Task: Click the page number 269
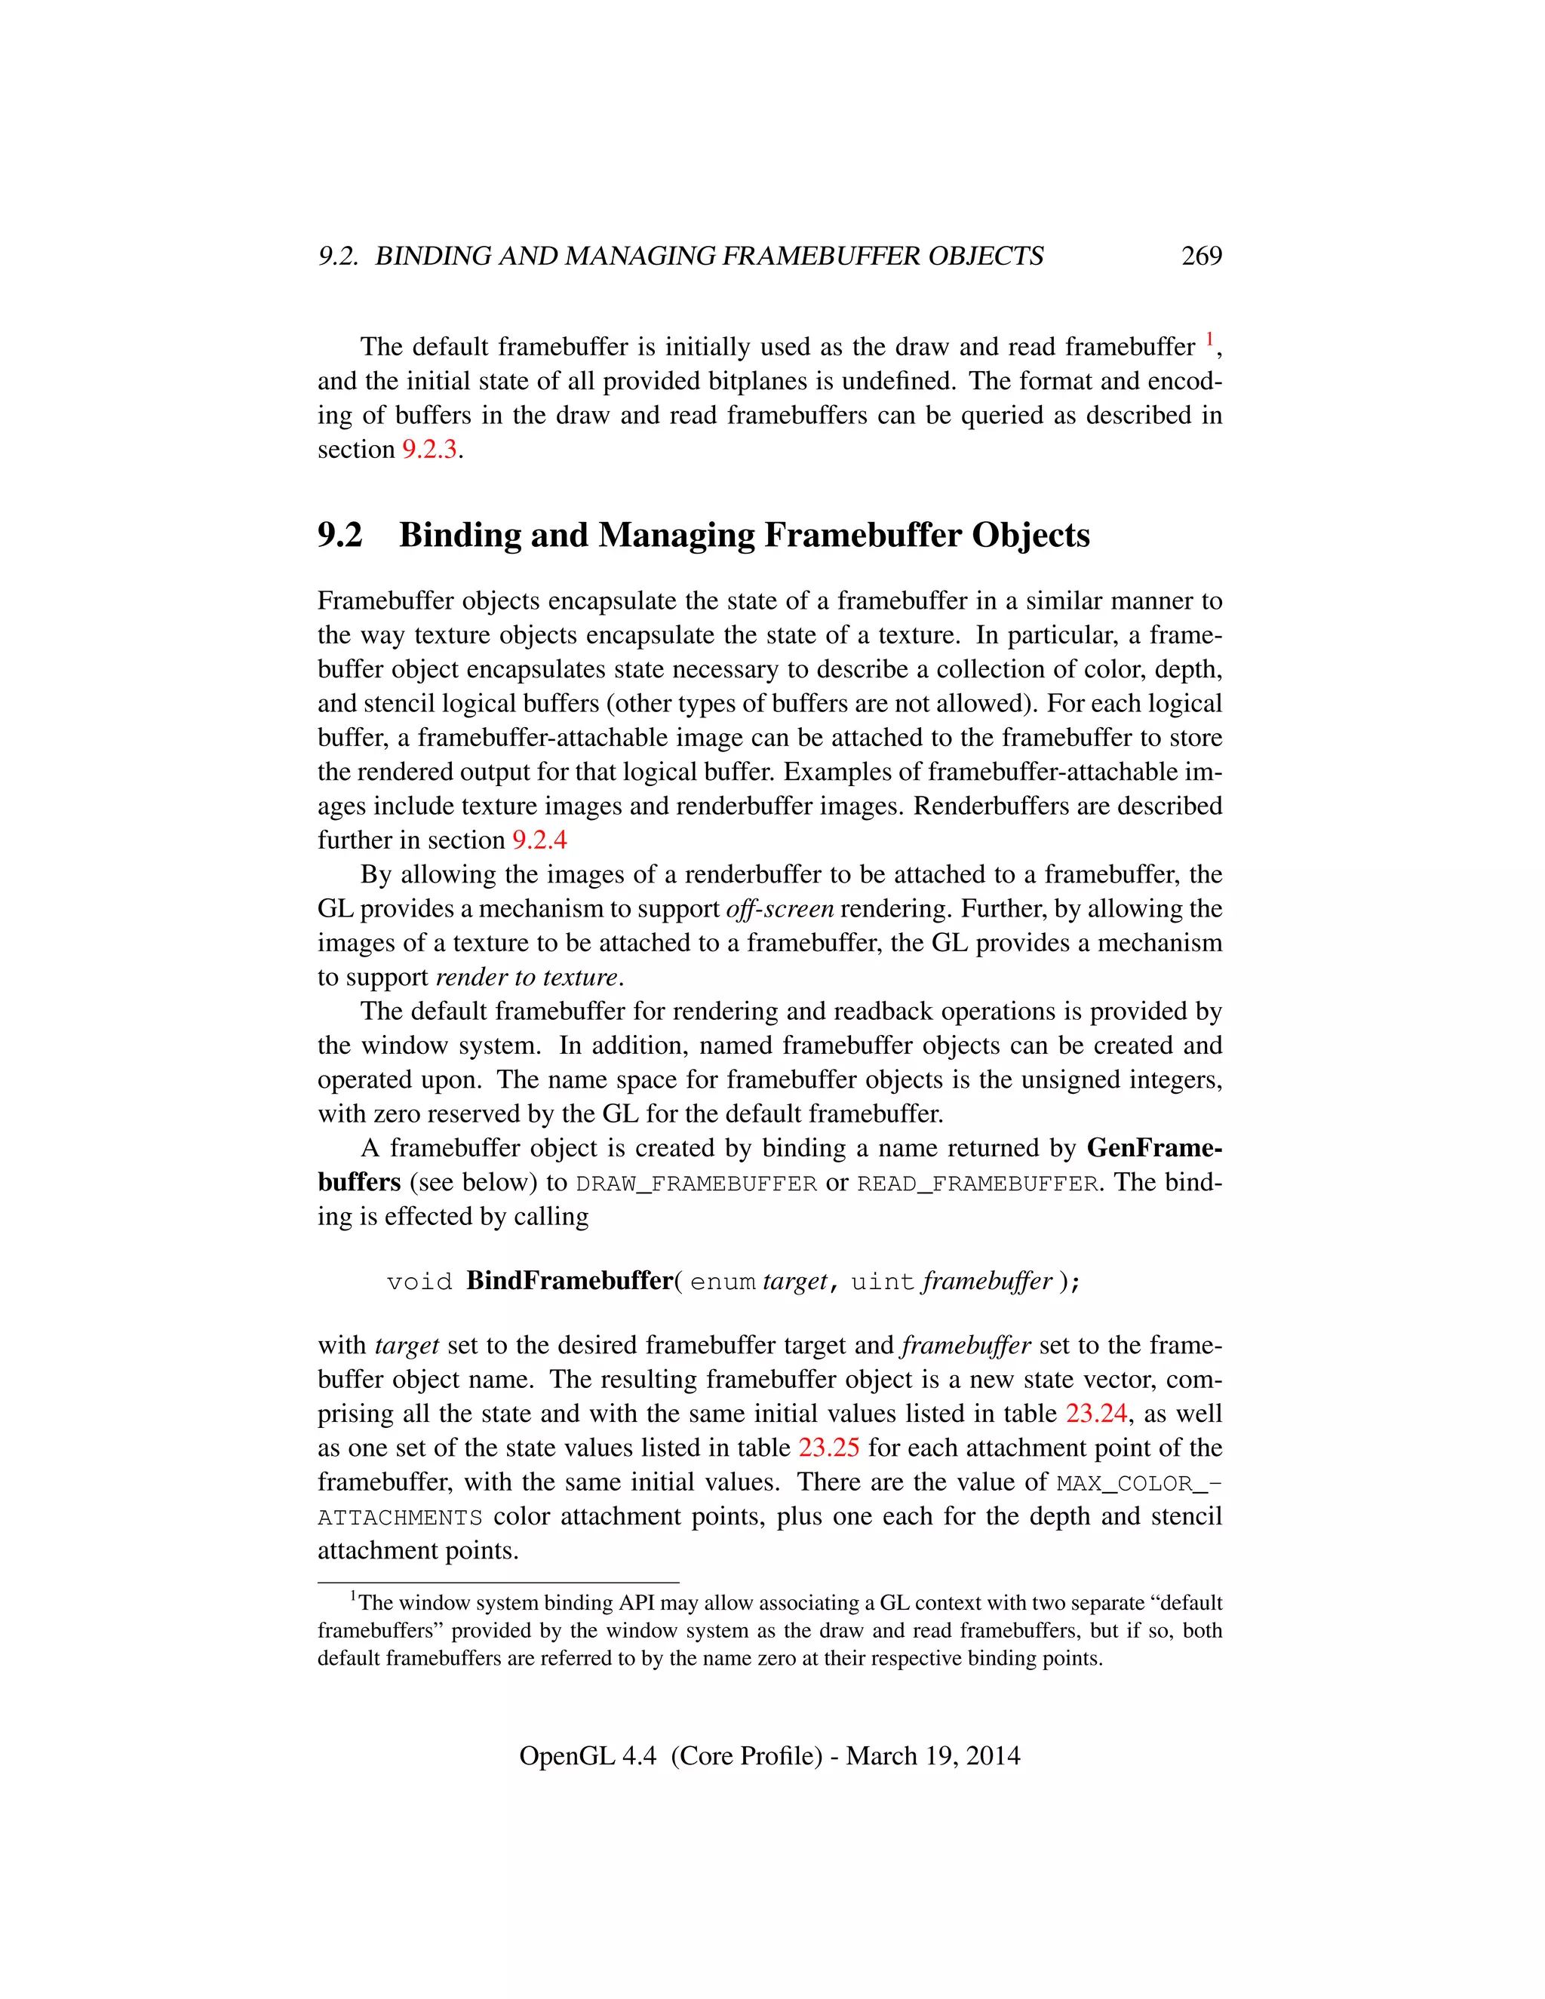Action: click(x=1201, y=256)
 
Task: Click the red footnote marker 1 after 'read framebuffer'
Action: click(x=1209, y=340)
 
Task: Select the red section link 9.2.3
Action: click(x=429, y=450)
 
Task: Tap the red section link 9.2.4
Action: click(x=539, y=840)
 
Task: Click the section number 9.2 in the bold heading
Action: click(x=339, y=535)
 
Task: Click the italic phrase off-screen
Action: click(x=779, y=909)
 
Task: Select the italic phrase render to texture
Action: click(x=527, y=978)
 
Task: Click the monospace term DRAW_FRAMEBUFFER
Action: click(x=696, y=1184)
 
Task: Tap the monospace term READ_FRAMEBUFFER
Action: click(x=977, y=1184)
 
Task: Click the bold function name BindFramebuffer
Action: click(x=570, y=1281)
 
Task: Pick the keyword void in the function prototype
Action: click(x=419, y=1282)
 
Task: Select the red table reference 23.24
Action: click(x=1095, y=1413)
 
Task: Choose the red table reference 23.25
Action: click(x=828, y=1448)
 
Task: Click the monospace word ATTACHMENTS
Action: click(x=400, y=1518)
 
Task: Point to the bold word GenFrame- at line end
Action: click(x=1153, y=1148)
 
